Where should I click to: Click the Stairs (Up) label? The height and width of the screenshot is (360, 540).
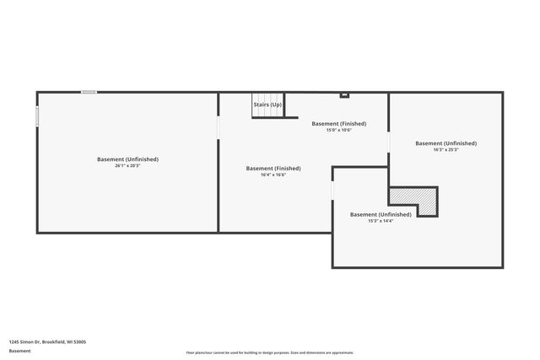[267, 105]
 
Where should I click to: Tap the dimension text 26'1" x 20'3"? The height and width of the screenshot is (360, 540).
[127, 165]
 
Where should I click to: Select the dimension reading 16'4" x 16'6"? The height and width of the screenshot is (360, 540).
[273, 175]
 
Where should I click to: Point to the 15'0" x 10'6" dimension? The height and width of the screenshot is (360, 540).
[338, 130]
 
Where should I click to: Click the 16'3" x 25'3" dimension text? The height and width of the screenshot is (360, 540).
[445, 150]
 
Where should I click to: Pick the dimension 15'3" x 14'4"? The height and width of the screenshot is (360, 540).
[381, 221]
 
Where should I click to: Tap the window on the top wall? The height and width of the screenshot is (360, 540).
[89, 92]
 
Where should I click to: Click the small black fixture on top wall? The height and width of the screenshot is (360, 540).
[344, 94]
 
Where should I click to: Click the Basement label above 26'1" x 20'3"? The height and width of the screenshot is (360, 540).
[127, 159]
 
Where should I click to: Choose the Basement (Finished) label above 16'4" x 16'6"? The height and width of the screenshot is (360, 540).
[273, 169]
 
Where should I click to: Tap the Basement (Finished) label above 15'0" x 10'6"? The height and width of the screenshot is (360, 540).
[338, 124]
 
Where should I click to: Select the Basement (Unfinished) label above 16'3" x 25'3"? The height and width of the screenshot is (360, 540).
[445, 143]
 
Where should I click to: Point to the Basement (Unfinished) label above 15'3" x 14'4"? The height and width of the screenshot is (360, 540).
[381, 214]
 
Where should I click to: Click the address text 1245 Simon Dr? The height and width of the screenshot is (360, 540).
[47, 342]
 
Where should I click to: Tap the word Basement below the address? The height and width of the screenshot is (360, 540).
[19, 351]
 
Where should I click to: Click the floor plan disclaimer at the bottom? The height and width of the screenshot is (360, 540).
[269, 352]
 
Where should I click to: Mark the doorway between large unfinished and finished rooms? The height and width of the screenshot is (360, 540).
[219, 126]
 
